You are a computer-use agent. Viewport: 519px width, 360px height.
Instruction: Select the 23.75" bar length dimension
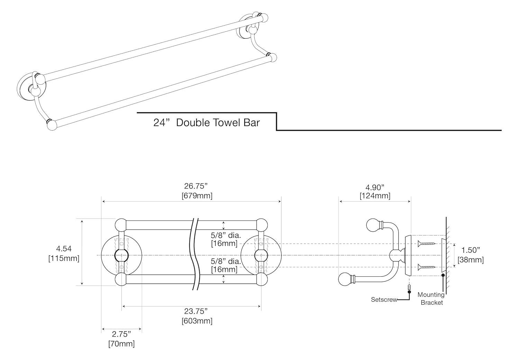point(197,311)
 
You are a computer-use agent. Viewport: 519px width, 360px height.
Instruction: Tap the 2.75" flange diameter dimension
point(121,334)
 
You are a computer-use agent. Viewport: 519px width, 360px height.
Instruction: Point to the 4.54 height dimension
point(64,249)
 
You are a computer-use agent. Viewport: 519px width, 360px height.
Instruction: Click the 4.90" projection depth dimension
point(375,187)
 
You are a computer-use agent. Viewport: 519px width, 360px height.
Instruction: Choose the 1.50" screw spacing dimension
point(471,250)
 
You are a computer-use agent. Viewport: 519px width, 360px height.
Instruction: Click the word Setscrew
point(384,299)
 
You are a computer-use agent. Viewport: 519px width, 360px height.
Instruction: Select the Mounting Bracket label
point(431,298)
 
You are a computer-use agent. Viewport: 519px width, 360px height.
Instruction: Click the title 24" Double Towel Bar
point(207,122)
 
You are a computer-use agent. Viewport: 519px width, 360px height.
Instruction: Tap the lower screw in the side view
point(427,267)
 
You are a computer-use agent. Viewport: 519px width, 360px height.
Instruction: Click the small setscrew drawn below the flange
point(409,287)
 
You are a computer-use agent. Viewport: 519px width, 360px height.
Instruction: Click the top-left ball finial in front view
point(121,225)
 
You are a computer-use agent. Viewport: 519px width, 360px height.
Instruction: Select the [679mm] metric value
point(197,196)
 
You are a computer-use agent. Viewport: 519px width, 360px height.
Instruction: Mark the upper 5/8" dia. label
point(226,235)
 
